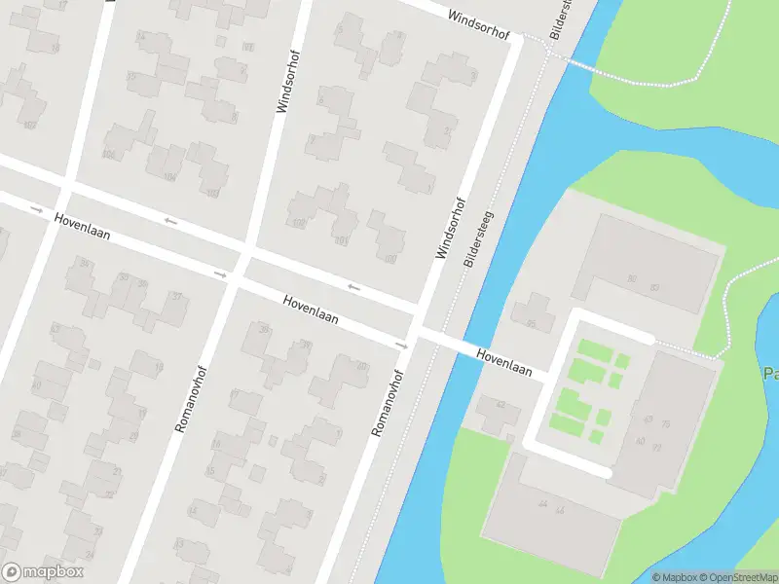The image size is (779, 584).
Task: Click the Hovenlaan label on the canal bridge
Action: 504,363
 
